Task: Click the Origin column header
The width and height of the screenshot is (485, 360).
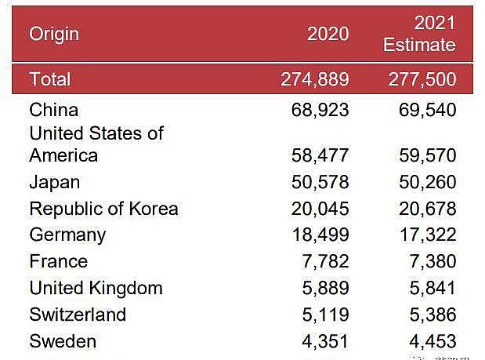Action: [x=54, y=34]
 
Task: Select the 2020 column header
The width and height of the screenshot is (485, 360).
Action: [x=328, y=34]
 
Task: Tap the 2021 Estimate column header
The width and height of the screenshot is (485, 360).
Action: [x=418, y=34]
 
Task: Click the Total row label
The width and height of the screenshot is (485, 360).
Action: [x=50, y=79]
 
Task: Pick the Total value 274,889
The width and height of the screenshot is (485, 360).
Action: [x=315, y=79]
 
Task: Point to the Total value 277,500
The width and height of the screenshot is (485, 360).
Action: [x=422, y=79]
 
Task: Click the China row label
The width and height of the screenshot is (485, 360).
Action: [x=54, y=110]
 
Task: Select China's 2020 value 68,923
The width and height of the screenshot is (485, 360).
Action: [x=320, y=110]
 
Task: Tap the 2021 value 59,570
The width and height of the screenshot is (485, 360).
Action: [x=426, y=155]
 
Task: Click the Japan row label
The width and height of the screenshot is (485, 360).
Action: [x=54, y=182]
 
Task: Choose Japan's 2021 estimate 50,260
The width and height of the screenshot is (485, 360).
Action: [x=426, y=182]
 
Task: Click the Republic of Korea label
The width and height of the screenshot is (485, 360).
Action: [x=103, y=209]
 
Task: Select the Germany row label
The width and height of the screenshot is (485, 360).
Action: [x=67, y=235]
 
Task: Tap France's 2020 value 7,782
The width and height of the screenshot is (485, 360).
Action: [x=325, y=261]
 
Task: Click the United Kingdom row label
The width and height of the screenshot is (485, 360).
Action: [x=96, y=288]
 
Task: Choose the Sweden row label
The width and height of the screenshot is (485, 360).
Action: [x=63, y=341]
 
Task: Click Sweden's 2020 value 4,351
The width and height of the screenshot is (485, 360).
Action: [x=325, y=341]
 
